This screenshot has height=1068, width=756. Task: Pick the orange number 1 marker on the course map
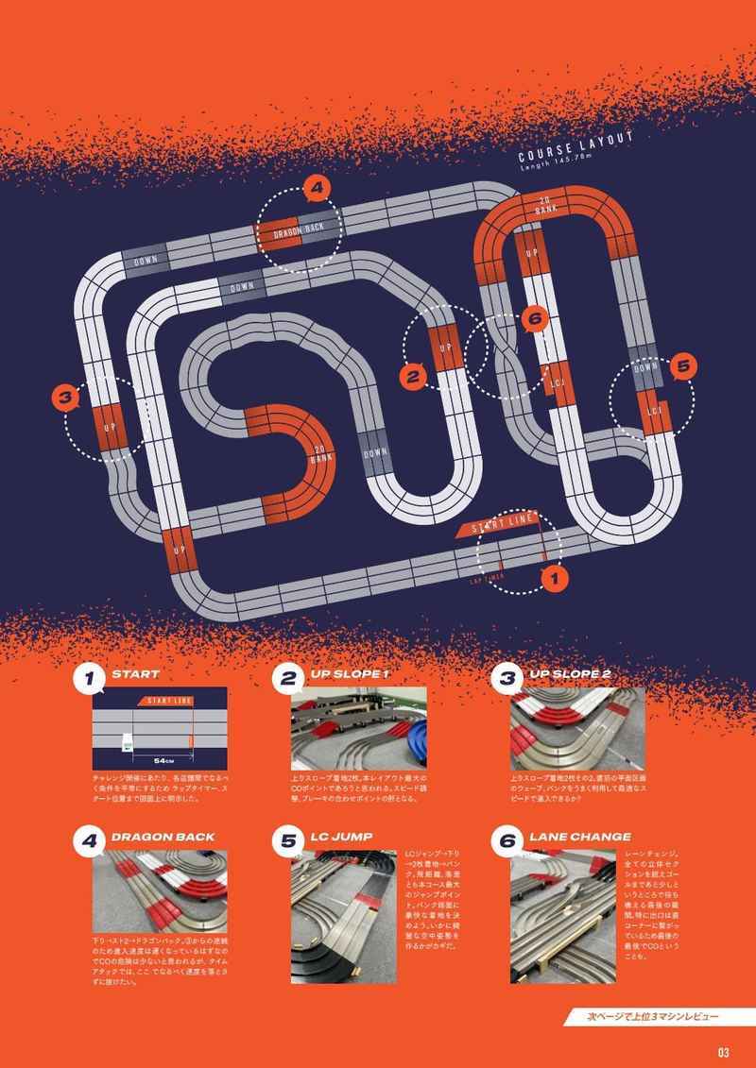555,571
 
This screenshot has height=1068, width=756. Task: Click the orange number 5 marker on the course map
683,364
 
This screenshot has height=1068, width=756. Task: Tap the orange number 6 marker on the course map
533,319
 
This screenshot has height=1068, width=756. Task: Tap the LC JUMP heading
343,836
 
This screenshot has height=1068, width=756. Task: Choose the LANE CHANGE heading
579,836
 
